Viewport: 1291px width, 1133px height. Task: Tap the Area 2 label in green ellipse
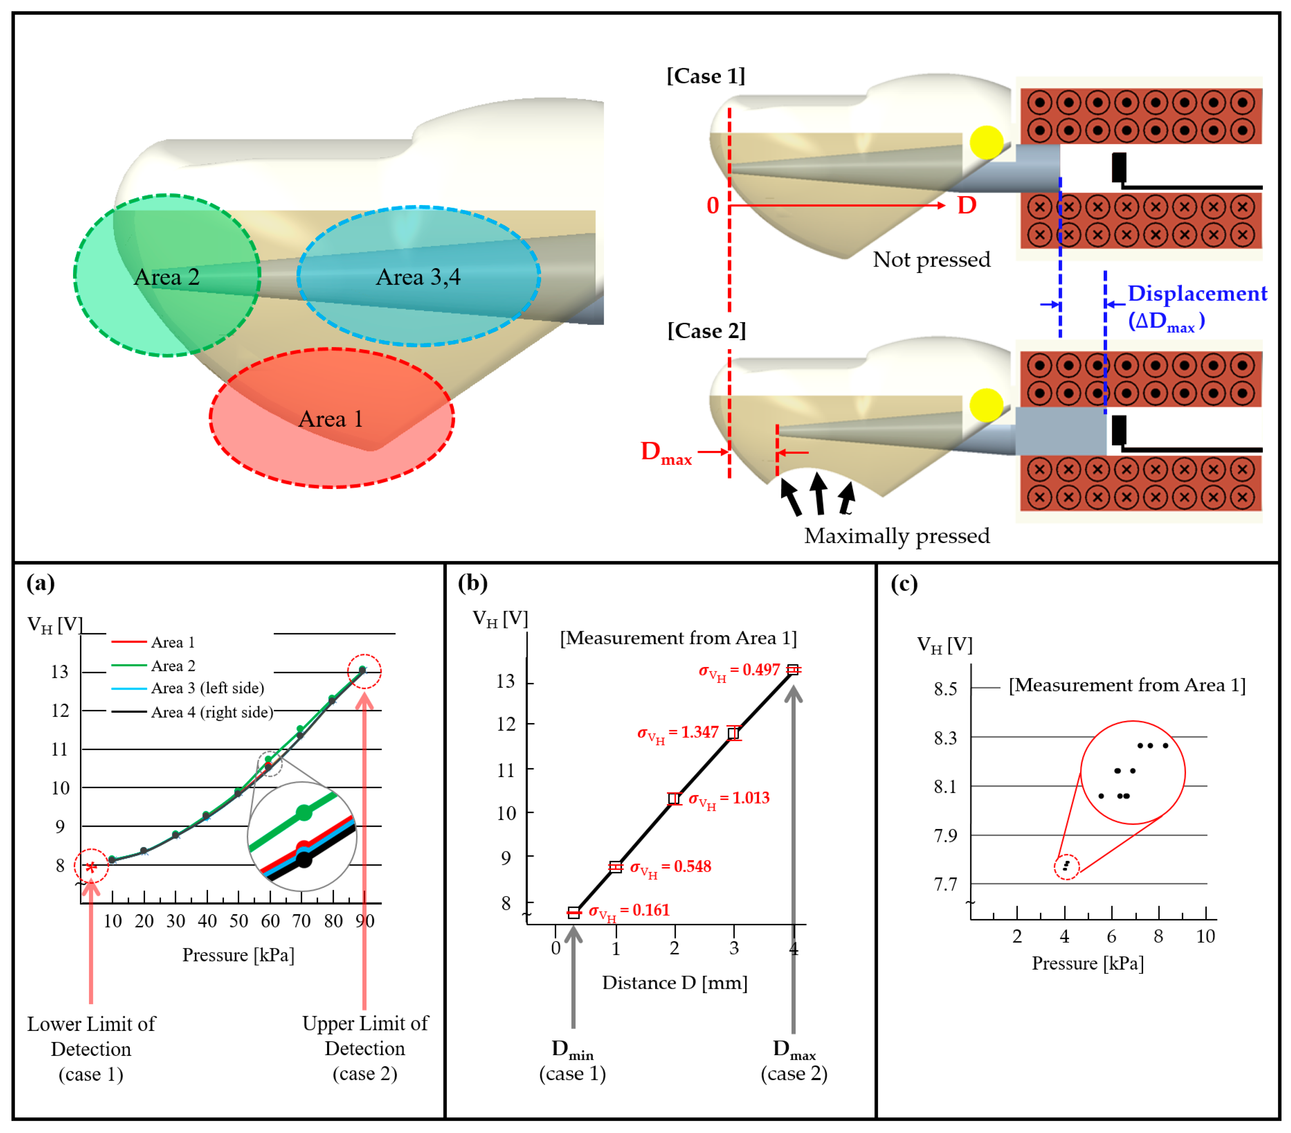(x=167, y=277)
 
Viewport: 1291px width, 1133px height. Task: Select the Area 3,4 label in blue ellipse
(x=418, y=277)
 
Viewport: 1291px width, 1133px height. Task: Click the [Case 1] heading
(x=705, y=76)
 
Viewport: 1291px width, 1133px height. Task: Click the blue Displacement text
(x=1197, y=294)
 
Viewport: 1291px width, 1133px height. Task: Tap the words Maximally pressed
(x=896, y=536)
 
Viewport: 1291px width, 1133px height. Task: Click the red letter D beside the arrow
(x=966, y=205)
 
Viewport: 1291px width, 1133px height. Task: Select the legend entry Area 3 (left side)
(x=207, y=688)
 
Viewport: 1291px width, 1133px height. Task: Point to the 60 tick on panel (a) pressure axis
(x=270, y=921)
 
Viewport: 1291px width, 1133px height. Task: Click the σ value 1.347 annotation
(x=678, y=733)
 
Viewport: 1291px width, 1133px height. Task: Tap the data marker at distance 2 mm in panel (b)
(x=674, y=799)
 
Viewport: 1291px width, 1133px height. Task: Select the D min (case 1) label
(x=572, y=1061)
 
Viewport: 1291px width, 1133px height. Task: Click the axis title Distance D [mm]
(x=674, y=982)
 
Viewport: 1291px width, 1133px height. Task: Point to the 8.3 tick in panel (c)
(x=946, y=737)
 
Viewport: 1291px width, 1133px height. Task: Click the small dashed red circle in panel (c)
(x=1066, y=866)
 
